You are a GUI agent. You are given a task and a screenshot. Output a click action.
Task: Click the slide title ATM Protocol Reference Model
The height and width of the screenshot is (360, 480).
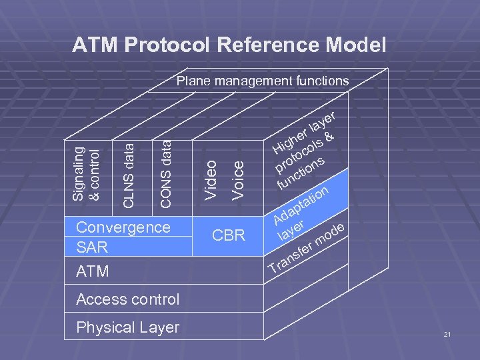coord(229,45)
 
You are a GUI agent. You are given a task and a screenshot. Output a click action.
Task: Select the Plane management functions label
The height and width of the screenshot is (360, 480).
coord(262,81)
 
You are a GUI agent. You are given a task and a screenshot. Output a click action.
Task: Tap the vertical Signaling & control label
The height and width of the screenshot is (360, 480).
coord(87,173)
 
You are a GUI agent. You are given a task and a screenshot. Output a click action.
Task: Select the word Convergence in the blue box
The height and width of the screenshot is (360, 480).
coord(123,227)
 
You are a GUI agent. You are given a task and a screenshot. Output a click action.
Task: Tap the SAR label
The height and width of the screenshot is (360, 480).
coord(91,247)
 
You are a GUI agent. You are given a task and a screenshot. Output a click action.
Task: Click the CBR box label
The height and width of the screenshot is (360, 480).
coord(229,235)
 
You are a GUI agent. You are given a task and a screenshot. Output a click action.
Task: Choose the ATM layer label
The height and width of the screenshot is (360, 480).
coord(93,272)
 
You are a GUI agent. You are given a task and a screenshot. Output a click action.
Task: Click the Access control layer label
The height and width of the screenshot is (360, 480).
coord(127,299)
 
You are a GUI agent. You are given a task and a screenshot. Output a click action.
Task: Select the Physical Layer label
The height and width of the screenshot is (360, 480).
coord(127,327)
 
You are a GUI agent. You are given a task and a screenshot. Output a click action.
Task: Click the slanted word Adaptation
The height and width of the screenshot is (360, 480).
coord(301,205)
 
